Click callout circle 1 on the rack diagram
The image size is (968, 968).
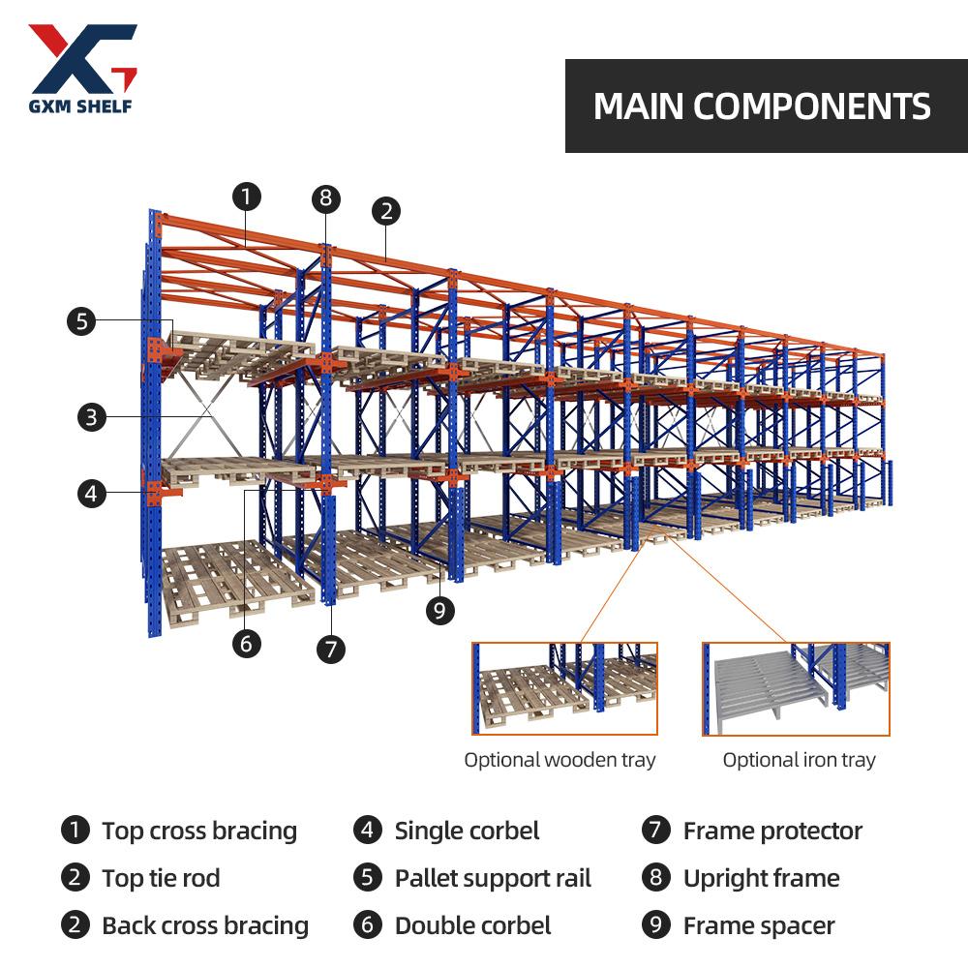[x=247, y=197]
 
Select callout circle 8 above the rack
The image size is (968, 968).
[x=326, y=199]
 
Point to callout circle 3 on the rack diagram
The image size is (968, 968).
[x=91, y=417]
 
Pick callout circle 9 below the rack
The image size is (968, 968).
[x=440, y=610]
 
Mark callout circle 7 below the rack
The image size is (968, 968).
[x=331, y=648]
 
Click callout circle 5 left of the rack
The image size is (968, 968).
[x=81, y=320]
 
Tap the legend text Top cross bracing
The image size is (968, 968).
[x=199, y=831]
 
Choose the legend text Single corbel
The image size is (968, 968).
[x=467, y=831]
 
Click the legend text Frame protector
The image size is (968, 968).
[x=772, y=831]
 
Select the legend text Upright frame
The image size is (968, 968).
[x=761, y=878]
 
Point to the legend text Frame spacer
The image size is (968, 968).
[x=759, y=925]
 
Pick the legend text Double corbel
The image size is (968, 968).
[x=472, y=925]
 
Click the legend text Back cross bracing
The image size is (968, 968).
[x=205, y=925]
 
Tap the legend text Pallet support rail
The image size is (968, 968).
[x=493, y=878]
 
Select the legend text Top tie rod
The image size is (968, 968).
[x=161, y=878]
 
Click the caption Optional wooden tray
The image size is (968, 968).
[x=560, y=760]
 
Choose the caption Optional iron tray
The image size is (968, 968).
[x=799, y=760]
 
